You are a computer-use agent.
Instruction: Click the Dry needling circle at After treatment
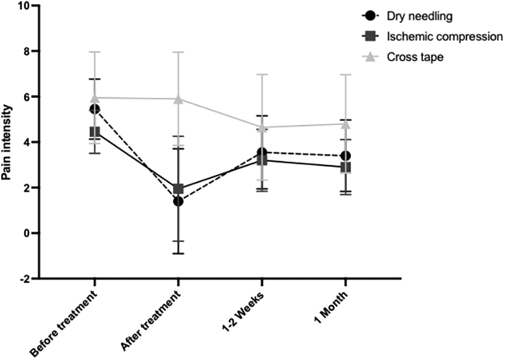point(179,201)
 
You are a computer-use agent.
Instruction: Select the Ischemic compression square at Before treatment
point(95,132)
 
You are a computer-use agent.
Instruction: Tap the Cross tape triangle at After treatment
point(179,99)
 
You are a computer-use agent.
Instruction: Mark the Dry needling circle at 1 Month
point(346,155)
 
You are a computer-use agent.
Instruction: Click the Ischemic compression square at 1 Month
point(346,167)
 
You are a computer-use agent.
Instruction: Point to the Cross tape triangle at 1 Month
point(346,123)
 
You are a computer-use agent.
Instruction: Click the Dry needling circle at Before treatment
point(95,109)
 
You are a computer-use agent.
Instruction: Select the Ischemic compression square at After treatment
point(179,189)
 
